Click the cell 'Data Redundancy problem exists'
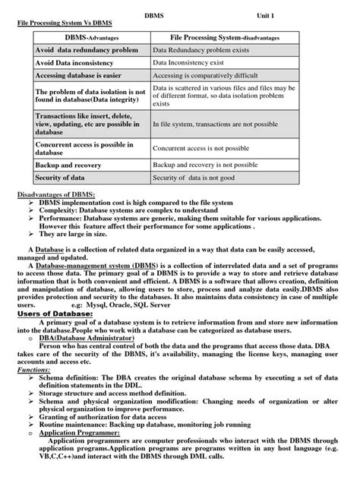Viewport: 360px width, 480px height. [201, 49]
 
